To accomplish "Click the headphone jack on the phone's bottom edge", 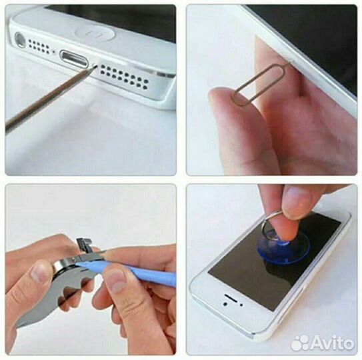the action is (x=20, y=40).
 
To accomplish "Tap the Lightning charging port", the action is (x=74, y=59).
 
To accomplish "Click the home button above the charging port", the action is (x=95, y=34).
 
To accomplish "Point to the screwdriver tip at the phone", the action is (x=95, y=67).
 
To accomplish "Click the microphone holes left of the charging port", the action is (x=39, y=47).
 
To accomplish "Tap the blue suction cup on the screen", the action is (x=283, y=249).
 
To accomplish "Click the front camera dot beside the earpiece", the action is (x=225, y=304).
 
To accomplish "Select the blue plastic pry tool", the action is (x=129, y=273).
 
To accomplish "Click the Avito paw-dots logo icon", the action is (x=300, y=343).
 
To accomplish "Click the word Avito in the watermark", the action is (x=333, y=343).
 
